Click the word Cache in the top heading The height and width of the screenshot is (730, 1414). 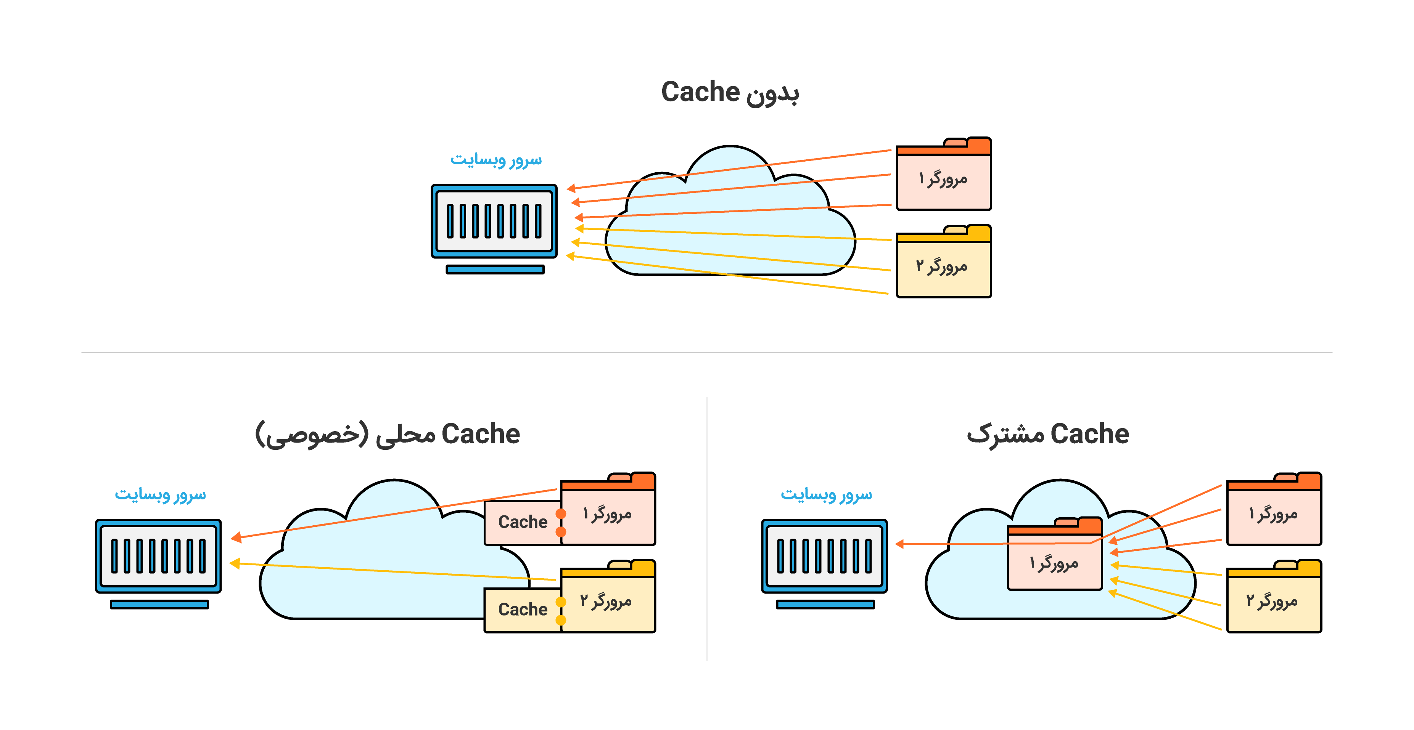pyautogui.click(x=700, y=91)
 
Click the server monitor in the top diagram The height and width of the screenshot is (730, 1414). pyautogui.click(x=494, y=221)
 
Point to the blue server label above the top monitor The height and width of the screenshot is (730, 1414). pyautogui.click(x=495, y=160)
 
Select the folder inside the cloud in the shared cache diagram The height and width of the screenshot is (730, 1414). pyautogui.click(x=1054, y=555)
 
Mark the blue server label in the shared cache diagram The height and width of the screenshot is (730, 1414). pyautogui.click(x=826, y=495)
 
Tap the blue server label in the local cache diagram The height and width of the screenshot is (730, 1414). pyautogui.click(x=160, y=495)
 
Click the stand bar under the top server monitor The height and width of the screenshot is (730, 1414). pyautogui.click(x=495, y=269)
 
